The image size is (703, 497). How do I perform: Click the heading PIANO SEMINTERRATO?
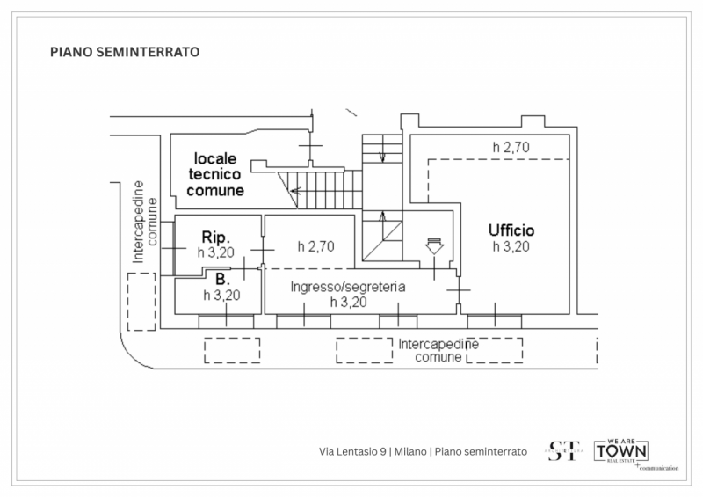(125, 52)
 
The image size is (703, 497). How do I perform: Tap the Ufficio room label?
(511, 230)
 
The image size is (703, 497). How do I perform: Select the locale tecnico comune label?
(215, 174)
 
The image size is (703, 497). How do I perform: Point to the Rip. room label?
(216, 238)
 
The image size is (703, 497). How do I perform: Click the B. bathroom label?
(221, 280)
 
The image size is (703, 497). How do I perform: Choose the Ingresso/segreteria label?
(348, 287)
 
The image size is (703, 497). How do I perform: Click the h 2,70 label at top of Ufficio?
(511, 147)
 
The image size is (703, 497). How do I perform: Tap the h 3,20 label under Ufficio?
(511, 246)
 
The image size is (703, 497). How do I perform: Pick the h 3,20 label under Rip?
(216, 252)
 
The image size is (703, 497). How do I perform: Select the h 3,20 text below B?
(221, 295)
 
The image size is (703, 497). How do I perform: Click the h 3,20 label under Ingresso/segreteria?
(348, 302)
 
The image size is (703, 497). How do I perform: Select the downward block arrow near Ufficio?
(433, 246)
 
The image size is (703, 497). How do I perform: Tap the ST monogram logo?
(563, 450)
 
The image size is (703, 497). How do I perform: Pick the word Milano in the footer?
(410, 451)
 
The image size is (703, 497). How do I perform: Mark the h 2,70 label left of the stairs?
(316, 246)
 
